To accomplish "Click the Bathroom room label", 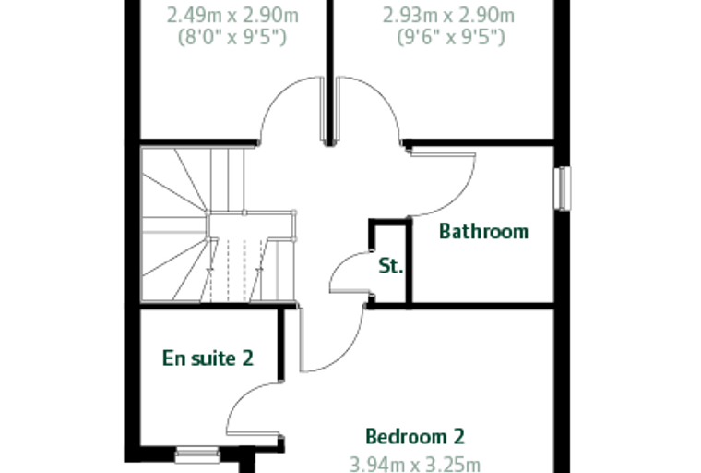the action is tap(483, 231).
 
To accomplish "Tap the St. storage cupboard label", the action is tap(391, 266).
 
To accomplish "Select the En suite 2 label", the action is tap(208, 358).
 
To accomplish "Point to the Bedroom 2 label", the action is tap(415, 436).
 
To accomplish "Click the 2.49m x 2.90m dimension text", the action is tap(232, 16).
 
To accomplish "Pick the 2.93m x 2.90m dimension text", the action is tap(448, 16).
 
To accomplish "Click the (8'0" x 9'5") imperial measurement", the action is tap(232, 37).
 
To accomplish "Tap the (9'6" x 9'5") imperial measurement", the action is tap(451, 37).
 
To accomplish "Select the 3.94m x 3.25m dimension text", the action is tap(415, 465).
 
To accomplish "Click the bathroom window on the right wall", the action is tap(563, 188).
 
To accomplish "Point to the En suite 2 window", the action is tap(197, 455).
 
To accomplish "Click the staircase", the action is tap(219, 224).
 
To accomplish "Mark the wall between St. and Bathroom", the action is tap(409, 262).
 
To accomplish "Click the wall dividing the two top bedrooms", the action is tap(330, 72).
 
